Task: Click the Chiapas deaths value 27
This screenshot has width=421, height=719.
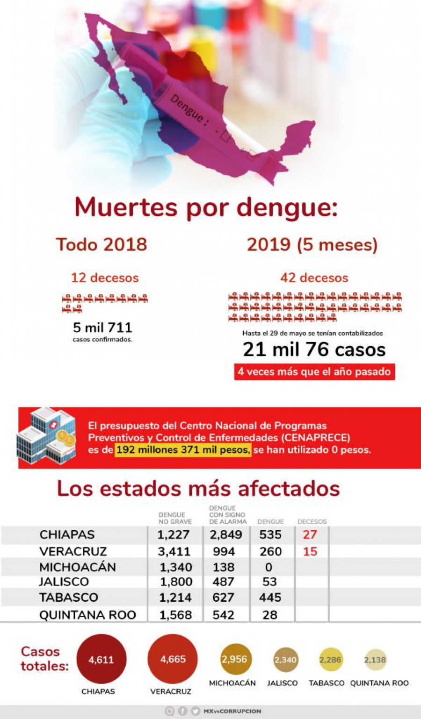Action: (310, 534)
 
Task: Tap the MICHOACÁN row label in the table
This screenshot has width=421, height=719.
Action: (78, 567)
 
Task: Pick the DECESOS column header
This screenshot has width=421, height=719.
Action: (312, 521)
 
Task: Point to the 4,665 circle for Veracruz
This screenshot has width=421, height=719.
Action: (173, 659)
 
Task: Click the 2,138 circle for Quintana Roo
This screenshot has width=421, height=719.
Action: (375, 660)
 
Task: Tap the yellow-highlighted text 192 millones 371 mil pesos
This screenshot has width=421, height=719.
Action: (183, 450)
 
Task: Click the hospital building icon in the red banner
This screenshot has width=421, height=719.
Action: (46, 435)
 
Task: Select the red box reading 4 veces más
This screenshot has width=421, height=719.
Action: (314, 372)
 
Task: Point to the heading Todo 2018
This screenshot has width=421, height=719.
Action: (102, 244)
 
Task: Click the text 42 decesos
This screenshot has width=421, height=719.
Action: (314, 278)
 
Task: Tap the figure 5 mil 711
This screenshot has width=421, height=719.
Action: (102, 327)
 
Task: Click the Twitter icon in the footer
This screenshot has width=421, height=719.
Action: (195, 711)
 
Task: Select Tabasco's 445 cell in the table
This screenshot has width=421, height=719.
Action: (270, 598)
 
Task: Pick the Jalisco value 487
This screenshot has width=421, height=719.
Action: (223, 582)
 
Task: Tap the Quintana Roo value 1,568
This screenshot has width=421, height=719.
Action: (176, 615)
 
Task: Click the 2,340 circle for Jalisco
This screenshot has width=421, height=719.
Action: (285, 660)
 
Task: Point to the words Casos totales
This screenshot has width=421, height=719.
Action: (44, 659)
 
